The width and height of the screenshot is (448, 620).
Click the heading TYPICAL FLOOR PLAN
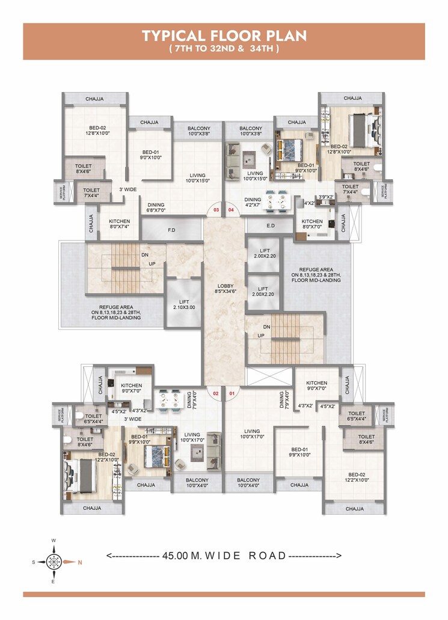(x=224, y=36)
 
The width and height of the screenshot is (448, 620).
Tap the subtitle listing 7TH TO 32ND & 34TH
(x=224, y=49)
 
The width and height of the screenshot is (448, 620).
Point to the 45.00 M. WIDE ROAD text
(x=224, y=556)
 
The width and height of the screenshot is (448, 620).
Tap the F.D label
(x=171, y=229)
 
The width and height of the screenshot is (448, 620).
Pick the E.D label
(x=269, y=226)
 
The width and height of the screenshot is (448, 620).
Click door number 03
(x=216, y=210)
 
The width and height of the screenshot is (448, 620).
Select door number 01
(x=233, y=394)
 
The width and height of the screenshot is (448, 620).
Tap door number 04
(x=232, y=210)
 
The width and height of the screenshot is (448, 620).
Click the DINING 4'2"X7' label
(x=253, y=203)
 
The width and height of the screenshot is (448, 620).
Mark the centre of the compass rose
(x=54, y=563)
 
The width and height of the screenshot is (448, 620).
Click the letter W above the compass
(x=54, y=541)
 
